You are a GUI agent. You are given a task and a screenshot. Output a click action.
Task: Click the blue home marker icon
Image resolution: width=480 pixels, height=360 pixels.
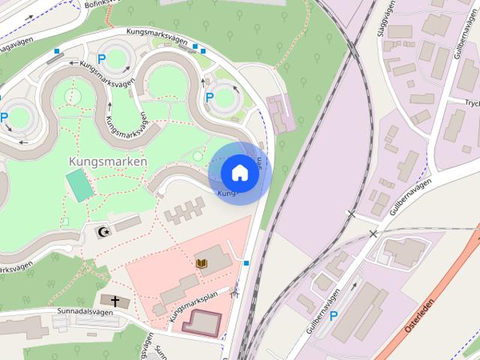point(239,172)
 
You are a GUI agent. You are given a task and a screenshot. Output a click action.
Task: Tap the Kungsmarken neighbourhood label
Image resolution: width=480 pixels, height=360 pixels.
point(107,161)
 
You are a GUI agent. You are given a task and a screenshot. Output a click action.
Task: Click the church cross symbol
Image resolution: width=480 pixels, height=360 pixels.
point(115,301)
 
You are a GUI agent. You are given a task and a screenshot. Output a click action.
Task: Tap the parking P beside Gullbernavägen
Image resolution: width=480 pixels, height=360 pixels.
point(334,316)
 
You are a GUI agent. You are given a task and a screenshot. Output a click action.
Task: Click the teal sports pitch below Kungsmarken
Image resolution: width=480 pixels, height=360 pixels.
point(76,185)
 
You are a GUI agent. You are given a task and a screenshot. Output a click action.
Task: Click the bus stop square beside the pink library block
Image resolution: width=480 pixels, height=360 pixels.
point(247,263)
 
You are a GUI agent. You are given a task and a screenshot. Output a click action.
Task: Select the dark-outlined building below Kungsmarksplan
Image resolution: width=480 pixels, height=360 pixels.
point(202,322)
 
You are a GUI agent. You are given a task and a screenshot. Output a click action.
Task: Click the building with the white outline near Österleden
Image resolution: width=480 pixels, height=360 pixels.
point(406,252)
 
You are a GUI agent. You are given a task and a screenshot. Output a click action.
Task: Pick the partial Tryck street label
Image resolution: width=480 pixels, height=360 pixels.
point(472,103)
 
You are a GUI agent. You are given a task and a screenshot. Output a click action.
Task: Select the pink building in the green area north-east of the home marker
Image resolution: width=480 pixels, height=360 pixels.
point(281,113)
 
